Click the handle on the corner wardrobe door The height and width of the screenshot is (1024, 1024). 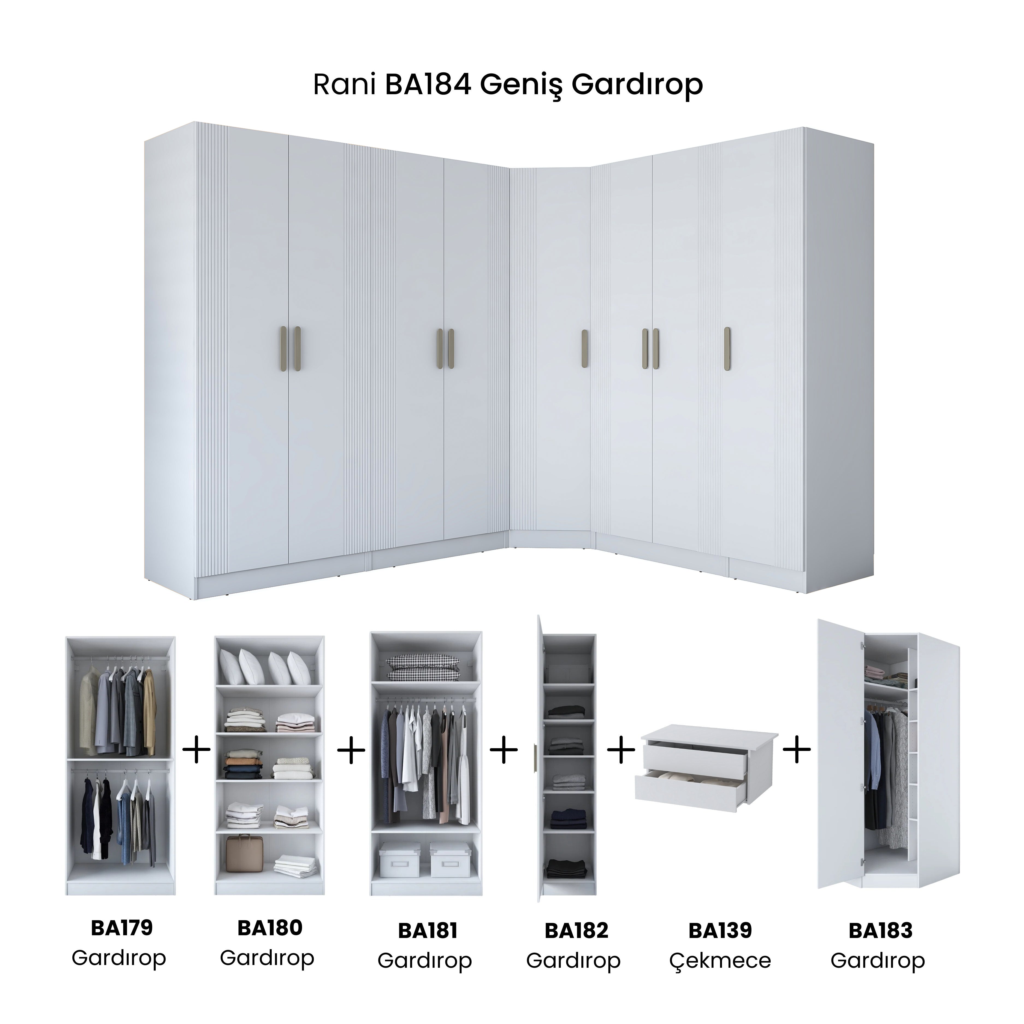click(x=585, y=349)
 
